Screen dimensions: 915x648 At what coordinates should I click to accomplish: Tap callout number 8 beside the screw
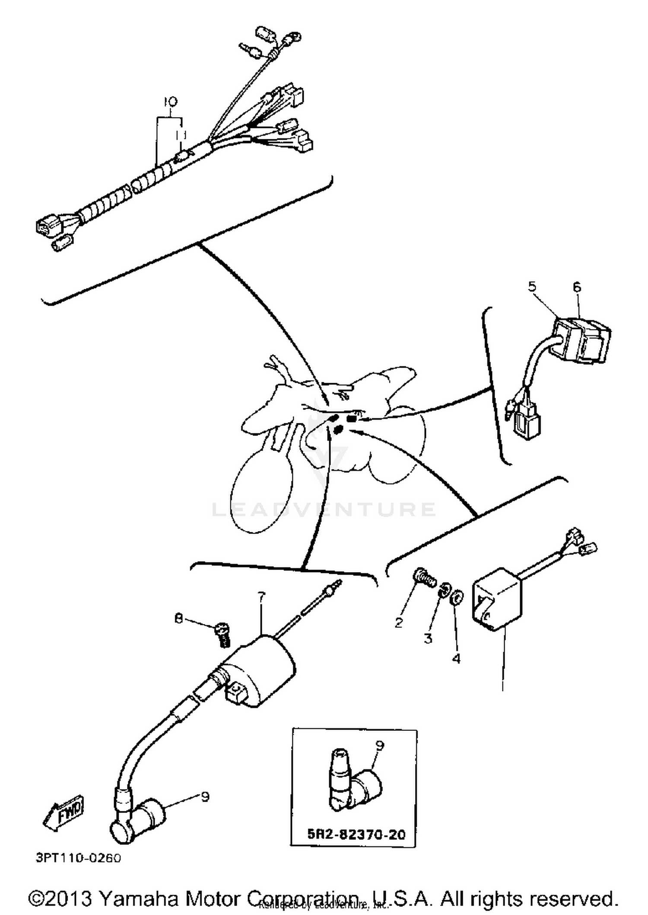(x=178, y=619)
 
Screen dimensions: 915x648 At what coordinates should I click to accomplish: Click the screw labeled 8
(x=222, y=634)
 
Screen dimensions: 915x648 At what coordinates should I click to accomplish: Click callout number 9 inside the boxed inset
(x=380, y=745)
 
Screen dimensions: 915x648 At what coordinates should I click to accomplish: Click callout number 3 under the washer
(x=428, y=638)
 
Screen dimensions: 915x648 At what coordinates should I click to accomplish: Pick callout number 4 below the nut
(x=456, y=658)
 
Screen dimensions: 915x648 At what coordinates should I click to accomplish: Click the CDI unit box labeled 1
(x=497, y=599)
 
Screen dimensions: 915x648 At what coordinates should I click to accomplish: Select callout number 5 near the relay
(x=532, y=286)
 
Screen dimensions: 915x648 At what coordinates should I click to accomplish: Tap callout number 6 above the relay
(x=577, y=287)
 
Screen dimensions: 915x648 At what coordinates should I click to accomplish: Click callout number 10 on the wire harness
(x=171, y=102)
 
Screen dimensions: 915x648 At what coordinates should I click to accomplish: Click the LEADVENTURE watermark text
(x=324, y=509)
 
